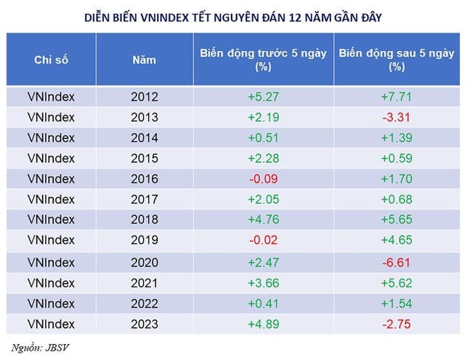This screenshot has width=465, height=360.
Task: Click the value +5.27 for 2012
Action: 263,96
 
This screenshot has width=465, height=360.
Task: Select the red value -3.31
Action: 396,117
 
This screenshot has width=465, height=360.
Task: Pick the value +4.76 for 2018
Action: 263,220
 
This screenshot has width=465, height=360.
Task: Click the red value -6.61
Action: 396,261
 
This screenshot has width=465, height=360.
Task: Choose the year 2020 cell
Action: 144,261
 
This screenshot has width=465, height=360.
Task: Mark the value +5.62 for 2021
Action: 396,282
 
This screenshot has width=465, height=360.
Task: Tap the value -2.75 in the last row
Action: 396,323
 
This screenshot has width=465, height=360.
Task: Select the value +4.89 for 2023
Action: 263,323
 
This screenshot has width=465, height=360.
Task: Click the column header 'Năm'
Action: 144,60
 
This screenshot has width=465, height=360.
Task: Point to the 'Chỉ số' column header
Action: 51,60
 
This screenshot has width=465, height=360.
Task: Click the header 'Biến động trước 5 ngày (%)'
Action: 263,59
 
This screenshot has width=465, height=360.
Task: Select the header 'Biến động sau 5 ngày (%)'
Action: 396,59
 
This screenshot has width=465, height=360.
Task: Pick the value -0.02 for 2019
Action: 263,241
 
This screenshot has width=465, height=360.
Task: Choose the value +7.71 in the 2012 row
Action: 396,96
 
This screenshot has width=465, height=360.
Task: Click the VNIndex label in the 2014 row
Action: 51,137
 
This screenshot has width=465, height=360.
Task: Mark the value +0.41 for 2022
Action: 263,303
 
